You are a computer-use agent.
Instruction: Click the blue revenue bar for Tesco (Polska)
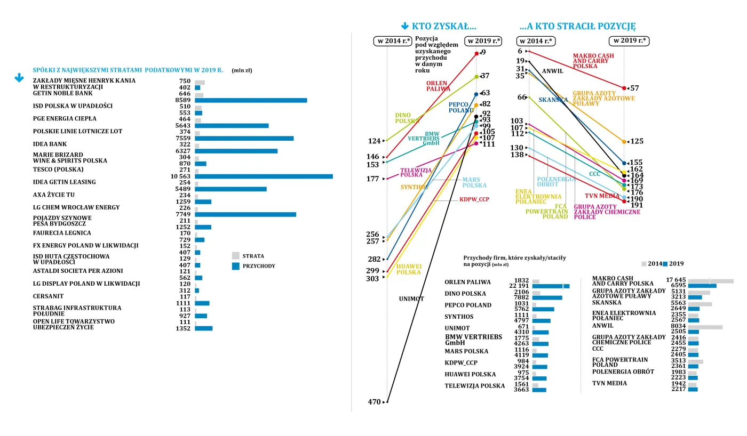click(x=264, y=176)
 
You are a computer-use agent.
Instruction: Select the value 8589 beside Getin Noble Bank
click(x=182, y=100)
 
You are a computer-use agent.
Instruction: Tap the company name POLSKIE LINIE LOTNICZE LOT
click(x=77, y=132)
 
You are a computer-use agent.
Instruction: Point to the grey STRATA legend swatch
click(x=236, y=256)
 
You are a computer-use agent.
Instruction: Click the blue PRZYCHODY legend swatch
click(x=236, y=266)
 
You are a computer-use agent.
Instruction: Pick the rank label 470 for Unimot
click(x=374, y=402)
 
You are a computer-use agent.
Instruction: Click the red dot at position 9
click(x=476, y=53)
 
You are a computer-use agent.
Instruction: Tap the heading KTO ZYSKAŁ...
click(x=439, y=26)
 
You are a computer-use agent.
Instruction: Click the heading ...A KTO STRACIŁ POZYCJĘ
click(x=577, y=26)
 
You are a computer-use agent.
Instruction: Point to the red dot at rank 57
click(x=624, y=88)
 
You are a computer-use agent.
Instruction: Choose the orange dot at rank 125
click(x=624, y=141)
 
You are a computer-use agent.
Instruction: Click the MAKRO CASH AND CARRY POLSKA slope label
click(x=593, y=61)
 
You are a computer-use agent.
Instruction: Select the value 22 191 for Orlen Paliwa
click(x=519, y=286)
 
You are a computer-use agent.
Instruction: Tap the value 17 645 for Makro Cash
click(x=676, y=280)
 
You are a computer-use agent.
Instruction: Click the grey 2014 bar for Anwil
click(x=705, y=327)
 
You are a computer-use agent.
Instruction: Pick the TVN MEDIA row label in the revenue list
click(x=609, y=383)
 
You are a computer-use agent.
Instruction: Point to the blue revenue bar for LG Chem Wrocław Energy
click(x=245, y=214)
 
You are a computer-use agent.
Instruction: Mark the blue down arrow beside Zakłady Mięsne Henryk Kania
click(x=19, y=78)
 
